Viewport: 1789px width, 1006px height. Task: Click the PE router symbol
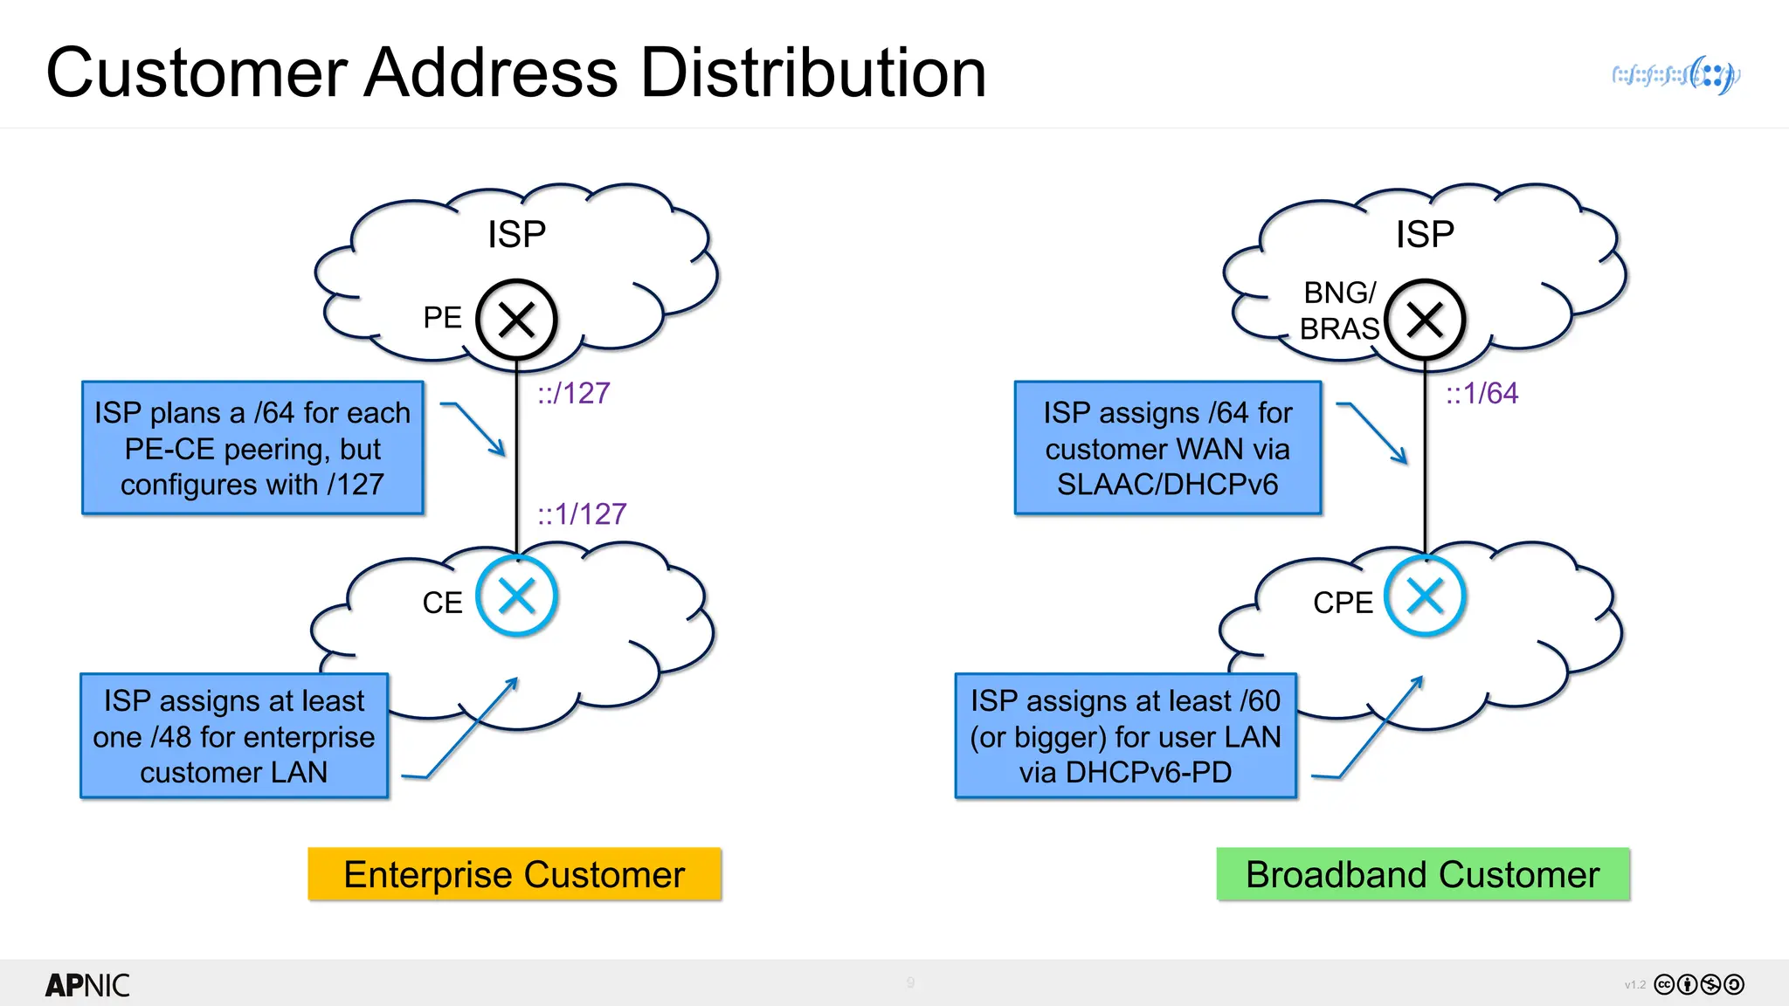click(516, 320)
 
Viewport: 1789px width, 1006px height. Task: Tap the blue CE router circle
click(516, 597)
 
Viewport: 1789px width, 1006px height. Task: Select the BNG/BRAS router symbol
click(1425, 320)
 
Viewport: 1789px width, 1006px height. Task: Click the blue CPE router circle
click(1425, 597)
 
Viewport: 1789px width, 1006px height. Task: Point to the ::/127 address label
click(574, 393)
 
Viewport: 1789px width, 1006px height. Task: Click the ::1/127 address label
click(582, 513)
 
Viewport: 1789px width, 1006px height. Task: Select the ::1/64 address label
click(1482, 393)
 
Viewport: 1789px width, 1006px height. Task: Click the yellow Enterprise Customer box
click(515, 874)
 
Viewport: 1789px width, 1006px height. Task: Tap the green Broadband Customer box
click(1423, 874)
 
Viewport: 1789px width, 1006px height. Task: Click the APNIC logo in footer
click(87, 985)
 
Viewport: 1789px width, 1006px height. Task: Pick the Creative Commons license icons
click(1699, 984)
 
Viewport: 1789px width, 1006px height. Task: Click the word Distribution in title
click(813, 73)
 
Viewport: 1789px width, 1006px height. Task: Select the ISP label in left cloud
click(516, 234)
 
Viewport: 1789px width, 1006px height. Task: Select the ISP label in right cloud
click(1425, 234)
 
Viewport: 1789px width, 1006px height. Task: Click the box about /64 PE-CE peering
click(252, 448)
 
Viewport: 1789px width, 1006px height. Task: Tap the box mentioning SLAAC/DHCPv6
click(1167, 448)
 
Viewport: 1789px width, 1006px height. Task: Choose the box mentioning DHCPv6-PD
click(1125, 736)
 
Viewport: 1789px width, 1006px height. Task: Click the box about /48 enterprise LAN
click(234, 736)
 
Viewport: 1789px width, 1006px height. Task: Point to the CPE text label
click(1343, 603)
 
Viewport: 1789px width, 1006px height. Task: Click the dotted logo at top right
click(1676, 75)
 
